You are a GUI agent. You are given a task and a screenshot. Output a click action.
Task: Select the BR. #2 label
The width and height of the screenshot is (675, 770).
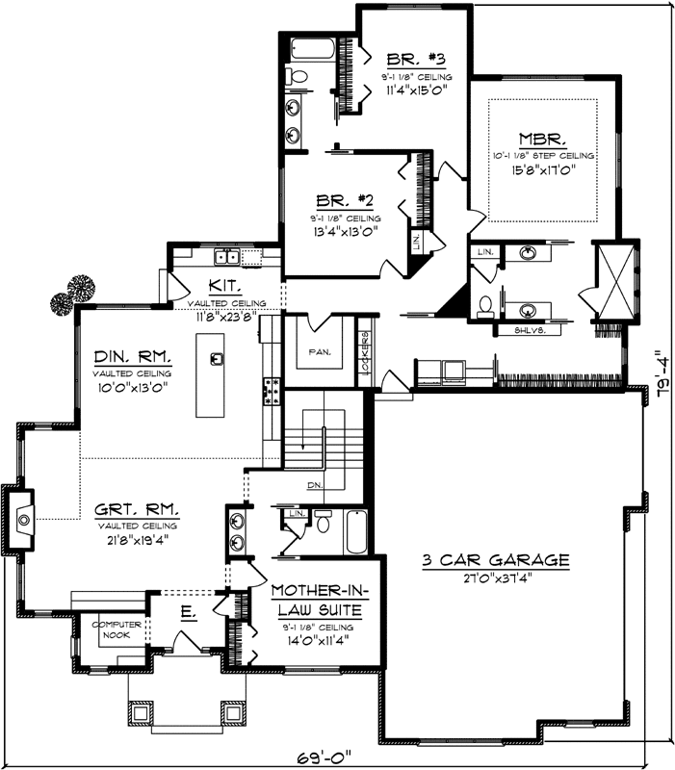[x=345, y=200]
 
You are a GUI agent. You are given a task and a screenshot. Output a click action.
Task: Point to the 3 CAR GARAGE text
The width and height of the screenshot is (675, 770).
[x=496, y=560]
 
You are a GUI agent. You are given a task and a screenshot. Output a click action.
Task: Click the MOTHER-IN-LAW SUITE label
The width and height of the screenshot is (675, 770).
[x=316, y=601]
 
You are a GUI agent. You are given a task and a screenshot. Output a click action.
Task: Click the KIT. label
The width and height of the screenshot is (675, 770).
[x=224, y=286]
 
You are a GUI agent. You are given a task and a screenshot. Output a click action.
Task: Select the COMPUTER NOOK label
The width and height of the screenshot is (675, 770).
[x=117, y=629]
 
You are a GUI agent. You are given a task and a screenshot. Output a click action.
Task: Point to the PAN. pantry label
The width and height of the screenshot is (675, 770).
[x=320, y=352]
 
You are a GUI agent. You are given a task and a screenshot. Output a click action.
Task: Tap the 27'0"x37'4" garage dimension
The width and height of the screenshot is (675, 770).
[x=495, y=578]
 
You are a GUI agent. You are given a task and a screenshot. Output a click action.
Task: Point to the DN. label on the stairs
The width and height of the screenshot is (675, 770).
[x=312, y=485]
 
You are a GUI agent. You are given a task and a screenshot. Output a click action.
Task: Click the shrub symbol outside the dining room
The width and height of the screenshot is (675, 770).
[x=75, y=293]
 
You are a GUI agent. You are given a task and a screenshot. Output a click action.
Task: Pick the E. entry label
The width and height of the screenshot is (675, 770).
[x=189, y=612]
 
